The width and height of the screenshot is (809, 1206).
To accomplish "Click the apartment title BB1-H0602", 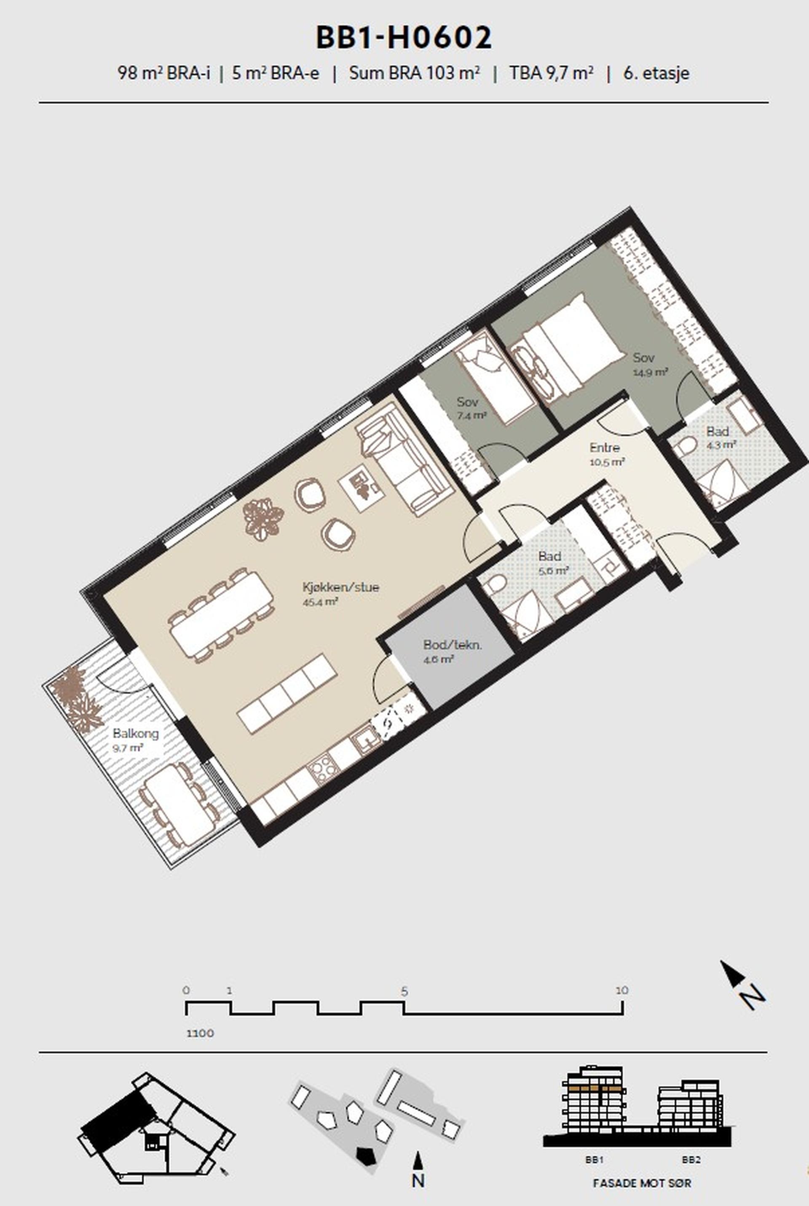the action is (x=404, y=38).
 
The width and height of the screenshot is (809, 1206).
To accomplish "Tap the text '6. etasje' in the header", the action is (x=656, y=73).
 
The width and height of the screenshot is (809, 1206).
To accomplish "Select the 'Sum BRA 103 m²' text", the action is (x=415, y=73).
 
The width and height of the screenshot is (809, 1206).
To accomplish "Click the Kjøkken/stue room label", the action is (x=340, y=587).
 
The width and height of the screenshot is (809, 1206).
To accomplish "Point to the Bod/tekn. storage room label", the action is (x=453, y=644).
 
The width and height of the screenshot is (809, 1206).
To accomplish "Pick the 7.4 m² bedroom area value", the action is (x=471, y=415).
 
